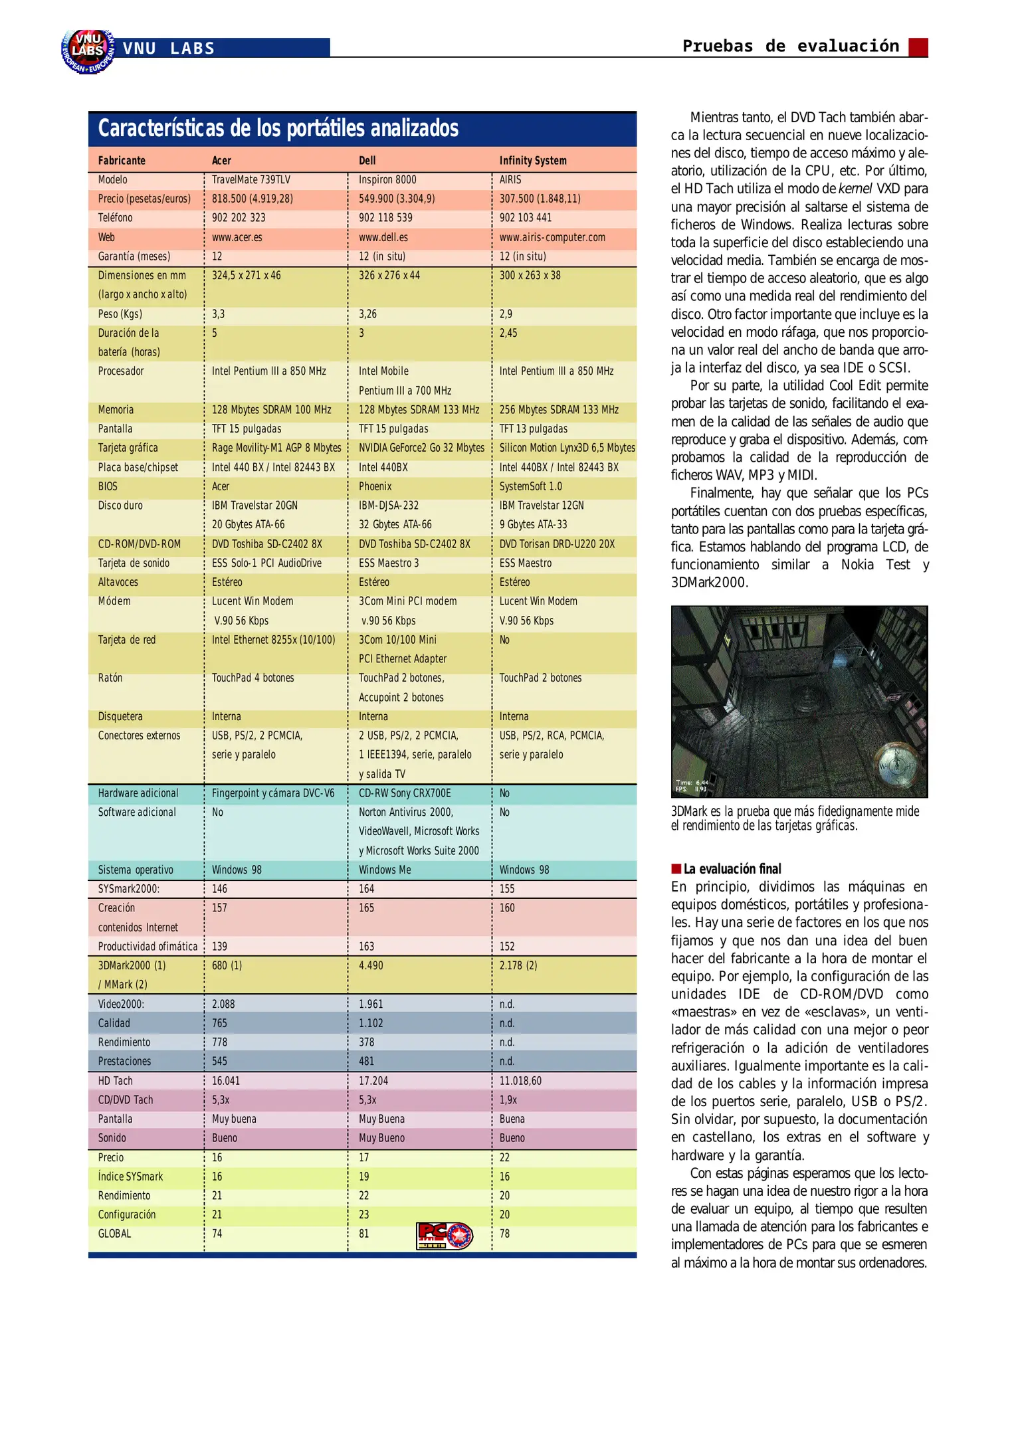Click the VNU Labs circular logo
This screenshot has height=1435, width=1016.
[87, 50]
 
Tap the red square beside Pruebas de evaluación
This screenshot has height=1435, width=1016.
[918, 47]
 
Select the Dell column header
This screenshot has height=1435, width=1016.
[367, 160]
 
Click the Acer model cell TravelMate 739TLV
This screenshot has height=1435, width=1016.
[251, 179]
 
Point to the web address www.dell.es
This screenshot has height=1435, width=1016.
[383, 237]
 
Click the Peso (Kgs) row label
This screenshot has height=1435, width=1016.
[120, 314]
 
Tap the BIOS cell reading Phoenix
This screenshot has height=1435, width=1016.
[375, 486]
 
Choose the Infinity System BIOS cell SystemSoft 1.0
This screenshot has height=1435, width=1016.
[530, 486]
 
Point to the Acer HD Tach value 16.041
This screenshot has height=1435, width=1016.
[226, 1081]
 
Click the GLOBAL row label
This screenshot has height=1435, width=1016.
[114, 1234]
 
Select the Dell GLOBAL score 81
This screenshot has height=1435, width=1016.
[364, 1234]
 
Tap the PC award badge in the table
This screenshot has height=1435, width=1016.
[444, 1236]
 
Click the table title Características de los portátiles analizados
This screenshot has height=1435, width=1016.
[278, 128]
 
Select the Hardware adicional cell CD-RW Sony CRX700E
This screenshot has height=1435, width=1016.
[405, 793]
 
